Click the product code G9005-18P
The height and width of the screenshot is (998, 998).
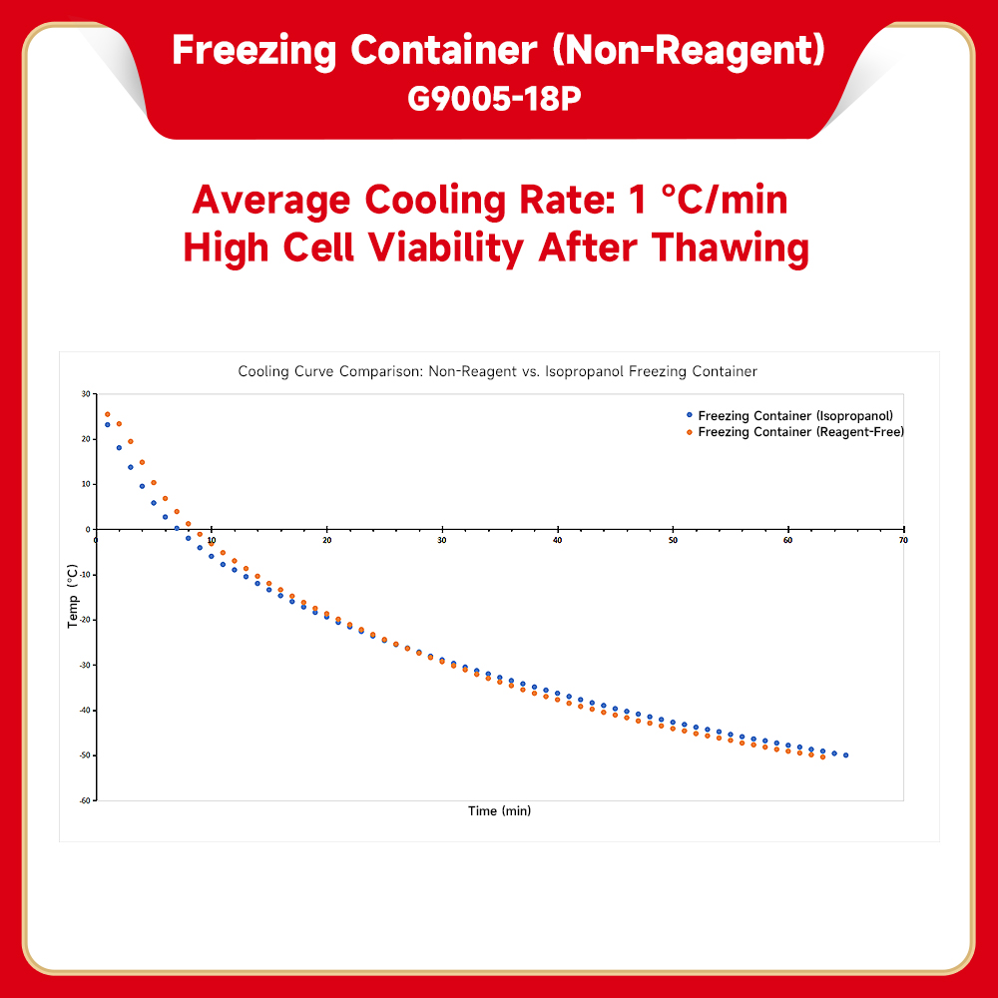pyautogui.click(x=495, y=100)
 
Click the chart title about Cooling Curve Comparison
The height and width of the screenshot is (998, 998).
pyautogui.click(x=497, y=371)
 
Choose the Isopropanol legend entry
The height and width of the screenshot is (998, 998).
pyautogui.click(x=794, y=415)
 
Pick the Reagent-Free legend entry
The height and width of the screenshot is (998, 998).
pyautogui.click(x=800, y=432)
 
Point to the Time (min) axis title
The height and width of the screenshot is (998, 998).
pyautogui.click(x=499, y=811)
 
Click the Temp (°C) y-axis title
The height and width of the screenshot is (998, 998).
pyautogui.click(x=72, y=597)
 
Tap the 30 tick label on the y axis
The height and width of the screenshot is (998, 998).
pyautogui.click(x=87, y=394)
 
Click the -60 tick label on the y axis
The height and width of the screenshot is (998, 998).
pyautogui.click(x=86, y=800)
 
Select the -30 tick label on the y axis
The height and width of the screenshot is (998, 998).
pyautogui.click(x=86, y=665)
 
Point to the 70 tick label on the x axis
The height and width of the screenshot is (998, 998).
pyautogui.click(x=903, y=540)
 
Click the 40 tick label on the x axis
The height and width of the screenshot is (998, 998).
pyautogui.click(x=557, y=540)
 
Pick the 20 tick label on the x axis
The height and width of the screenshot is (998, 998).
pyautogui.click(x=326, y=540)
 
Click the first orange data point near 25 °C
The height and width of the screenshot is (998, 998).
pyautogui.click(x=108, y=414)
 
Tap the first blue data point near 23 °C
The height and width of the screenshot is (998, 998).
pyautogui.click(x=108, y=425)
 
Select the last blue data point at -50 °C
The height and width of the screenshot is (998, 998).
pyautogui.click(x=846, y=755)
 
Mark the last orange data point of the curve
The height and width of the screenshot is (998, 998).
pyautogui.click(x=822, y=756)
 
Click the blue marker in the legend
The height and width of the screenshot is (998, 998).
pyautogui.click(x=689, y=414)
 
